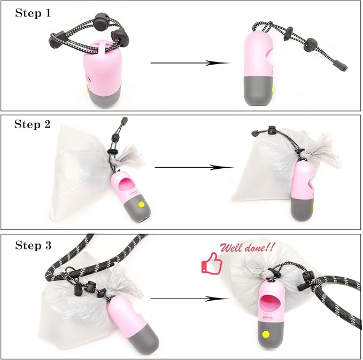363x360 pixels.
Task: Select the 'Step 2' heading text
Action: (33, 124)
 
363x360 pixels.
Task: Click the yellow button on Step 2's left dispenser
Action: (141, 204)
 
